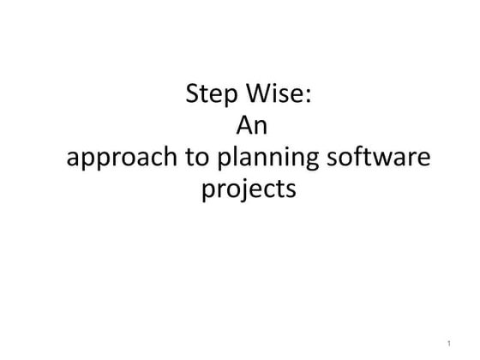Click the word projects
pos(249,189)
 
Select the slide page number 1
pos(449,344)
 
